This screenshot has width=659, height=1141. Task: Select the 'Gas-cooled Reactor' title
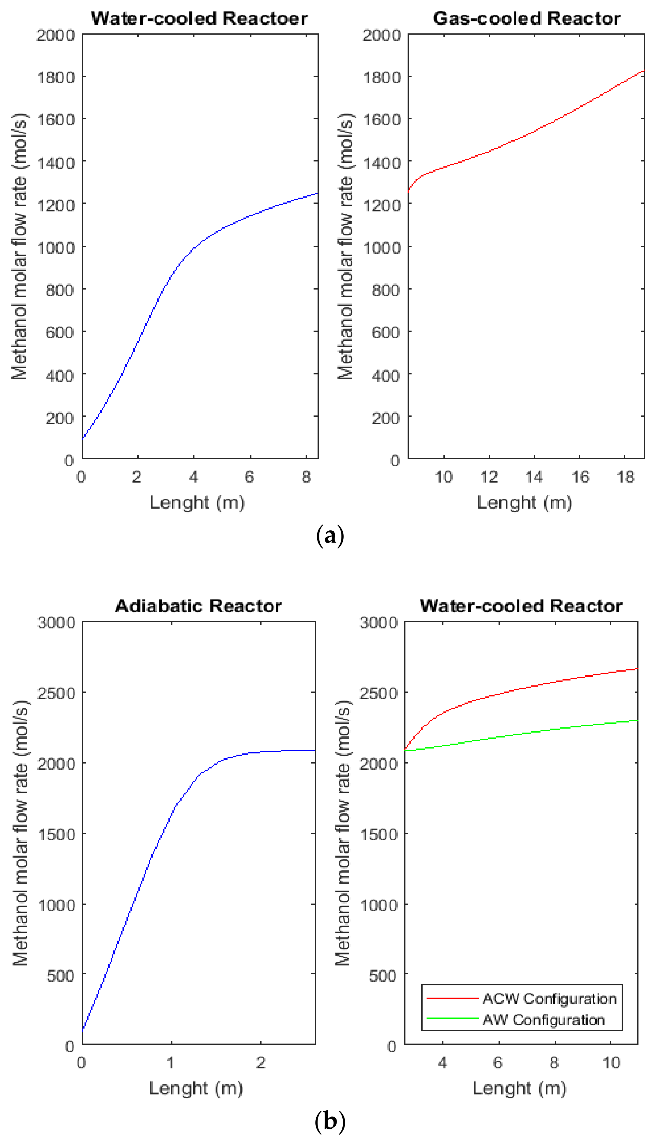526,19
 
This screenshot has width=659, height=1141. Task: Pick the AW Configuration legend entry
544,1020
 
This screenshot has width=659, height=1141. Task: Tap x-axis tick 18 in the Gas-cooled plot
625,477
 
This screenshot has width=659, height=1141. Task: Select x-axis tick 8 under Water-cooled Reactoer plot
307,477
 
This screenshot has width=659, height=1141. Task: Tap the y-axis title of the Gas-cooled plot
345,247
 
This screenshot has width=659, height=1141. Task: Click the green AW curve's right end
637,720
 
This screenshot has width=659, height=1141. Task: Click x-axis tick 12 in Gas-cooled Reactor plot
489,477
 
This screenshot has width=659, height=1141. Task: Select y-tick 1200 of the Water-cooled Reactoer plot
56,205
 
